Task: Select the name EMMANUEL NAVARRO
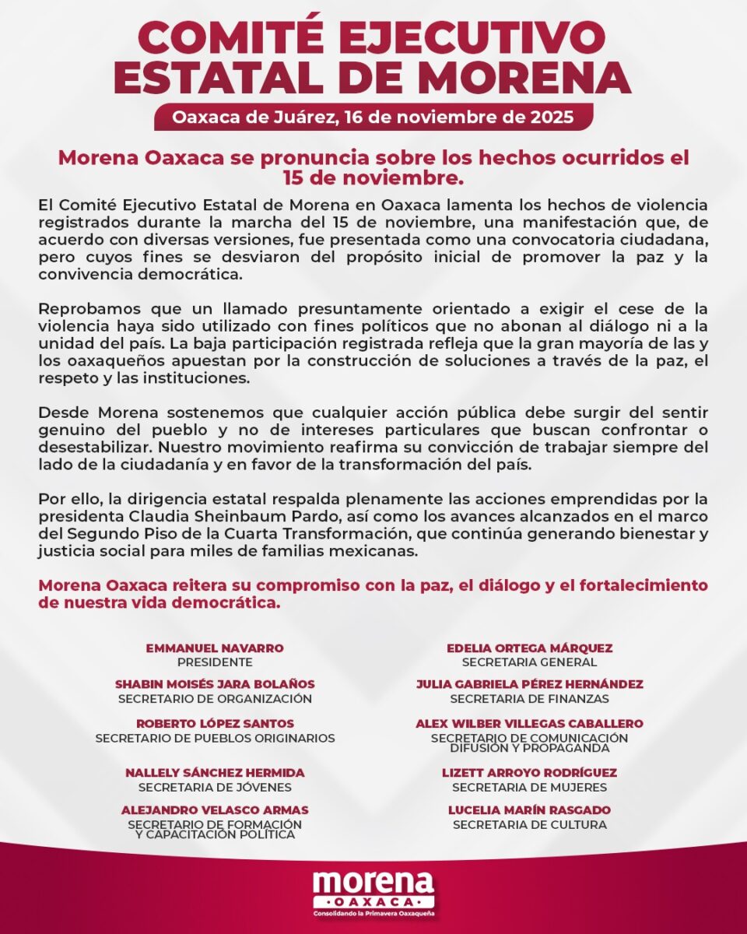215,648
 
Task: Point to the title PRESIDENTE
215,662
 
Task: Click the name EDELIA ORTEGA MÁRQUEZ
529,648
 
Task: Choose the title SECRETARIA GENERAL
529,662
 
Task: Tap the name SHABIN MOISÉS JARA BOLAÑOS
215,684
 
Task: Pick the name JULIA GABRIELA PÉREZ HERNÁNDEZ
529,684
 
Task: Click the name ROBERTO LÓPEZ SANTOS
215,724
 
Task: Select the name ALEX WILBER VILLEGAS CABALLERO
529,724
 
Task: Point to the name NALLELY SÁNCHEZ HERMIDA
215,773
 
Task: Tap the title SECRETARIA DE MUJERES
529,787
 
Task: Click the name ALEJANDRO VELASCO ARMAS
215,810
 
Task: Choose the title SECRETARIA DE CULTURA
529,824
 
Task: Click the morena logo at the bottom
373,885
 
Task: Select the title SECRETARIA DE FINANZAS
529,699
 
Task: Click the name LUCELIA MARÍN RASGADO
529,810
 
